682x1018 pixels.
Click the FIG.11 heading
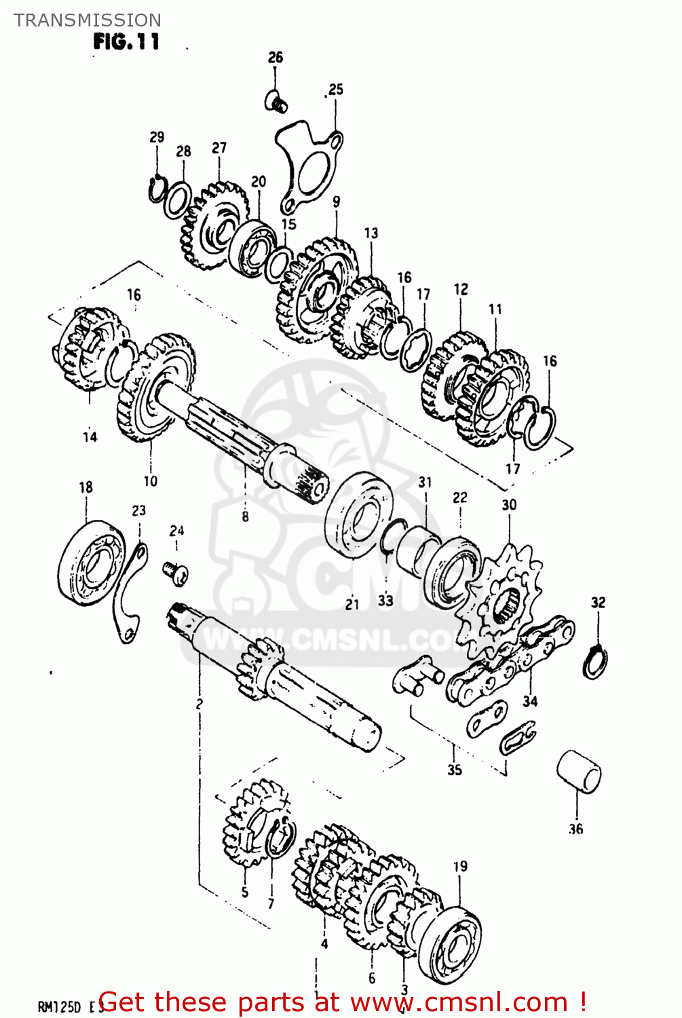[126, 42]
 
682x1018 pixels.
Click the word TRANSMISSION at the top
[88, 20]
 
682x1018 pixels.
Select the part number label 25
[336, 90]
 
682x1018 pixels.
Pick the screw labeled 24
[176, 572]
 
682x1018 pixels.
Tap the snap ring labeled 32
[595, 662]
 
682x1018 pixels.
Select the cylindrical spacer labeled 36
[579, 771]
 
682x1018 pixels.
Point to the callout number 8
[245, 516]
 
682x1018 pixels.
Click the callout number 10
[150, 481]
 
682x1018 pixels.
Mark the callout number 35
[454, 770]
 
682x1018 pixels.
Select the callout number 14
[90, 437]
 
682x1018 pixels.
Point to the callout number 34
[529, 701]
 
